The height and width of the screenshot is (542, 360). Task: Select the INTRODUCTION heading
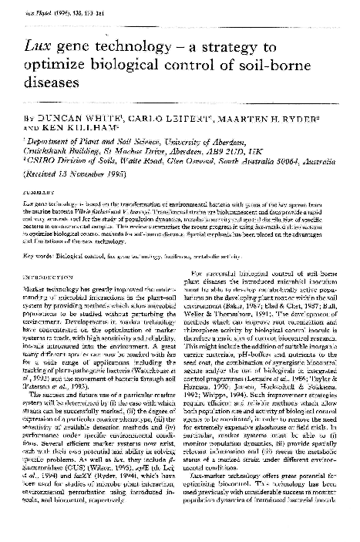49,274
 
